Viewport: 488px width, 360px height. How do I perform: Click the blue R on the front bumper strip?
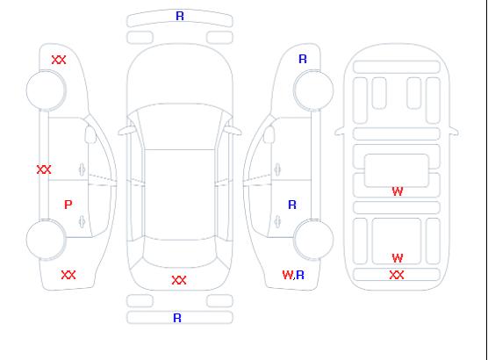coord(180,16)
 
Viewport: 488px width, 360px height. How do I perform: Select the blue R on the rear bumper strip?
coord(177,318)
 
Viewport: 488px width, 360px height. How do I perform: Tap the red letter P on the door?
coord(68,205)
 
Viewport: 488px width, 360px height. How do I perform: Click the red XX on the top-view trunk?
coord(179,280)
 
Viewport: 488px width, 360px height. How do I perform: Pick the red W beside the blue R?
coord(288,275)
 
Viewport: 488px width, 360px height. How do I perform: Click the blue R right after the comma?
coord(300,275)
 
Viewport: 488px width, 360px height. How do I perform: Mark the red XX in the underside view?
coord(397,275)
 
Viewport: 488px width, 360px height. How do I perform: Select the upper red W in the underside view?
coord(398,191)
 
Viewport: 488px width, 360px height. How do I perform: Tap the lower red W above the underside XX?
coord(398,258)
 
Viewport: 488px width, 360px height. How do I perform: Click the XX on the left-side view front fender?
coord(59,60)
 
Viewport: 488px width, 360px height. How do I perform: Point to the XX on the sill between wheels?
coord(44,169)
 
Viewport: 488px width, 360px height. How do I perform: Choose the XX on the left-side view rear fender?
coord(68,275)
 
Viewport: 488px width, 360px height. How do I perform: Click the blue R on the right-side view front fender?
coord(303,59)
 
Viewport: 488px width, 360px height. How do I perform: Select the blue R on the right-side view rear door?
coord(292,205)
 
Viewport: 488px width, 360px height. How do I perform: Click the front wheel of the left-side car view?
coord(46,90)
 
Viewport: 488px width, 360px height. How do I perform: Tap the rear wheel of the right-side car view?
coord(313,240)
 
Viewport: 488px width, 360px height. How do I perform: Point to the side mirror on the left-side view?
coord(90,134)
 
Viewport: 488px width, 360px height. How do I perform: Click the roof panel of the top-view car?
coord(180,195)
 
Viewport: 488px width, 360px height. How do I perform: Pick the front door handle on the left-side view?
coord(82,169)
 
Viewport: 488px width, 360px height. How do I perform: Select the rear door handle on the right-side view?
coord(277,222)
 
